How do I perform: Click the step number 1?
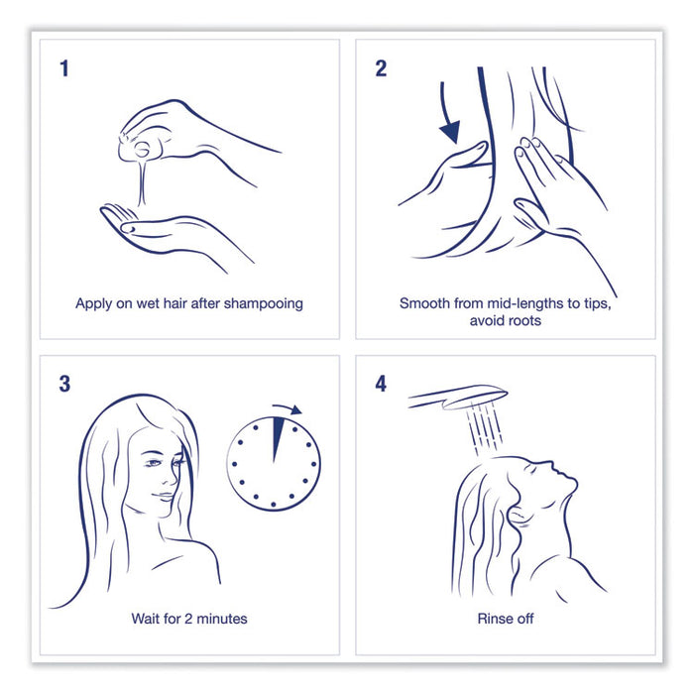coord(64,68)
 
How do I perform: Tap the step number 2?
coord(381,68)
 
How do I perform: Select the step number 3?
coord(64,384)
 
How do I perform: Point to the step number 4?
coord(381,384)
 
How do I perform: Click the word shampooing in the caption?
coord(264,304)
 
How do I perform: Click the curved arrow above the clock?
coord(288,407)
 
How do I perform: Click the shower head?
coord(458,397)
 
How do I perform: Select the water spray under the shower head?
coord(485,428)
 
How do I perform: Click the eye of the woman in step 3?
coord(153,463)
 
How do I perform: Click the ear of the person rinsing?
coord(519,517)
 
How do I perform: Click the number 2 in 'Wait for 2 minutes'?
coord(187,619)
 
